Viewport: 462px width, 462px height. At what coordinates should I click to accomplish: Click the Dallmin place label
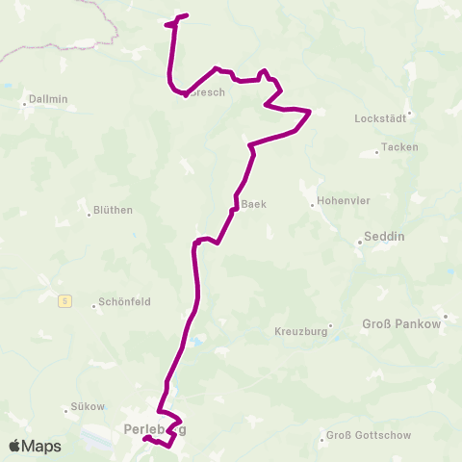coord(46,98)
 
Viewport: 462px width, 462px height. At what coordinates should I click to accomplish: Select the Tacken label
coord(399,147)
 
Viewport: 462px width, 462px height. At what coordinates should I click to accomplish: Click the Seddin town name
coord(385,237)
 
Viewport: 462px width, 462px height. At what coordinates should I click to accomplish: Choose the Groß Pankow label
coord(400,324)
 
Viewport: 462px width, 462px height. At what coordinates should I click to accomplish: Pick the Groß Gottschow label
coord(369,435)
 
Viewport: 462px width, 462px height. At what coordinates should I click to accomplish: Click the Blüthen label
coord(114,210)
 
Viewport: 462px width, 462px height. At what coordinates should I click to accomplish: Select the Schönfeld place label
coord(125,302)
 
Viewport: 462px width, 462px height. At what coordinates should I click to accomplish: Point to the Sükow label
coord(88,406)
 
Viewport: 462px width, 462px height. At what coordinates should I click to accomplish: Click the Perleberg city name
coord(155,428)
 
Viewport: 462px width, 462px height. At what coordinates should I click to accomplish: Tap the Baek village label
coord(253,204)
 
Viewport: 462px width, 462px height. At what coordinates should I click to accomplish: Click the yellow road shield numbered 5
coord(64,300)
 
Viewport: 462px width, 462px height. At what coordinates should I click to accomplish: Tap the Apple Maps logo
coord(35,446)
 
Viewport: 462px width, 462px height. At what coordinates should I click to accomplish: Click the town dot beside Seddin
coord(360,243)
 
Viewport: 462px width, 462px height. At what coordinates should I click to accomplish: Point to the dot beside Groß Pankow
coord(446,315)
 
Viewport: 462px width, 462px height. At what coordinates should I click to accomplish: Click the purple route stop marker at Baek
coord(233,210)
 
